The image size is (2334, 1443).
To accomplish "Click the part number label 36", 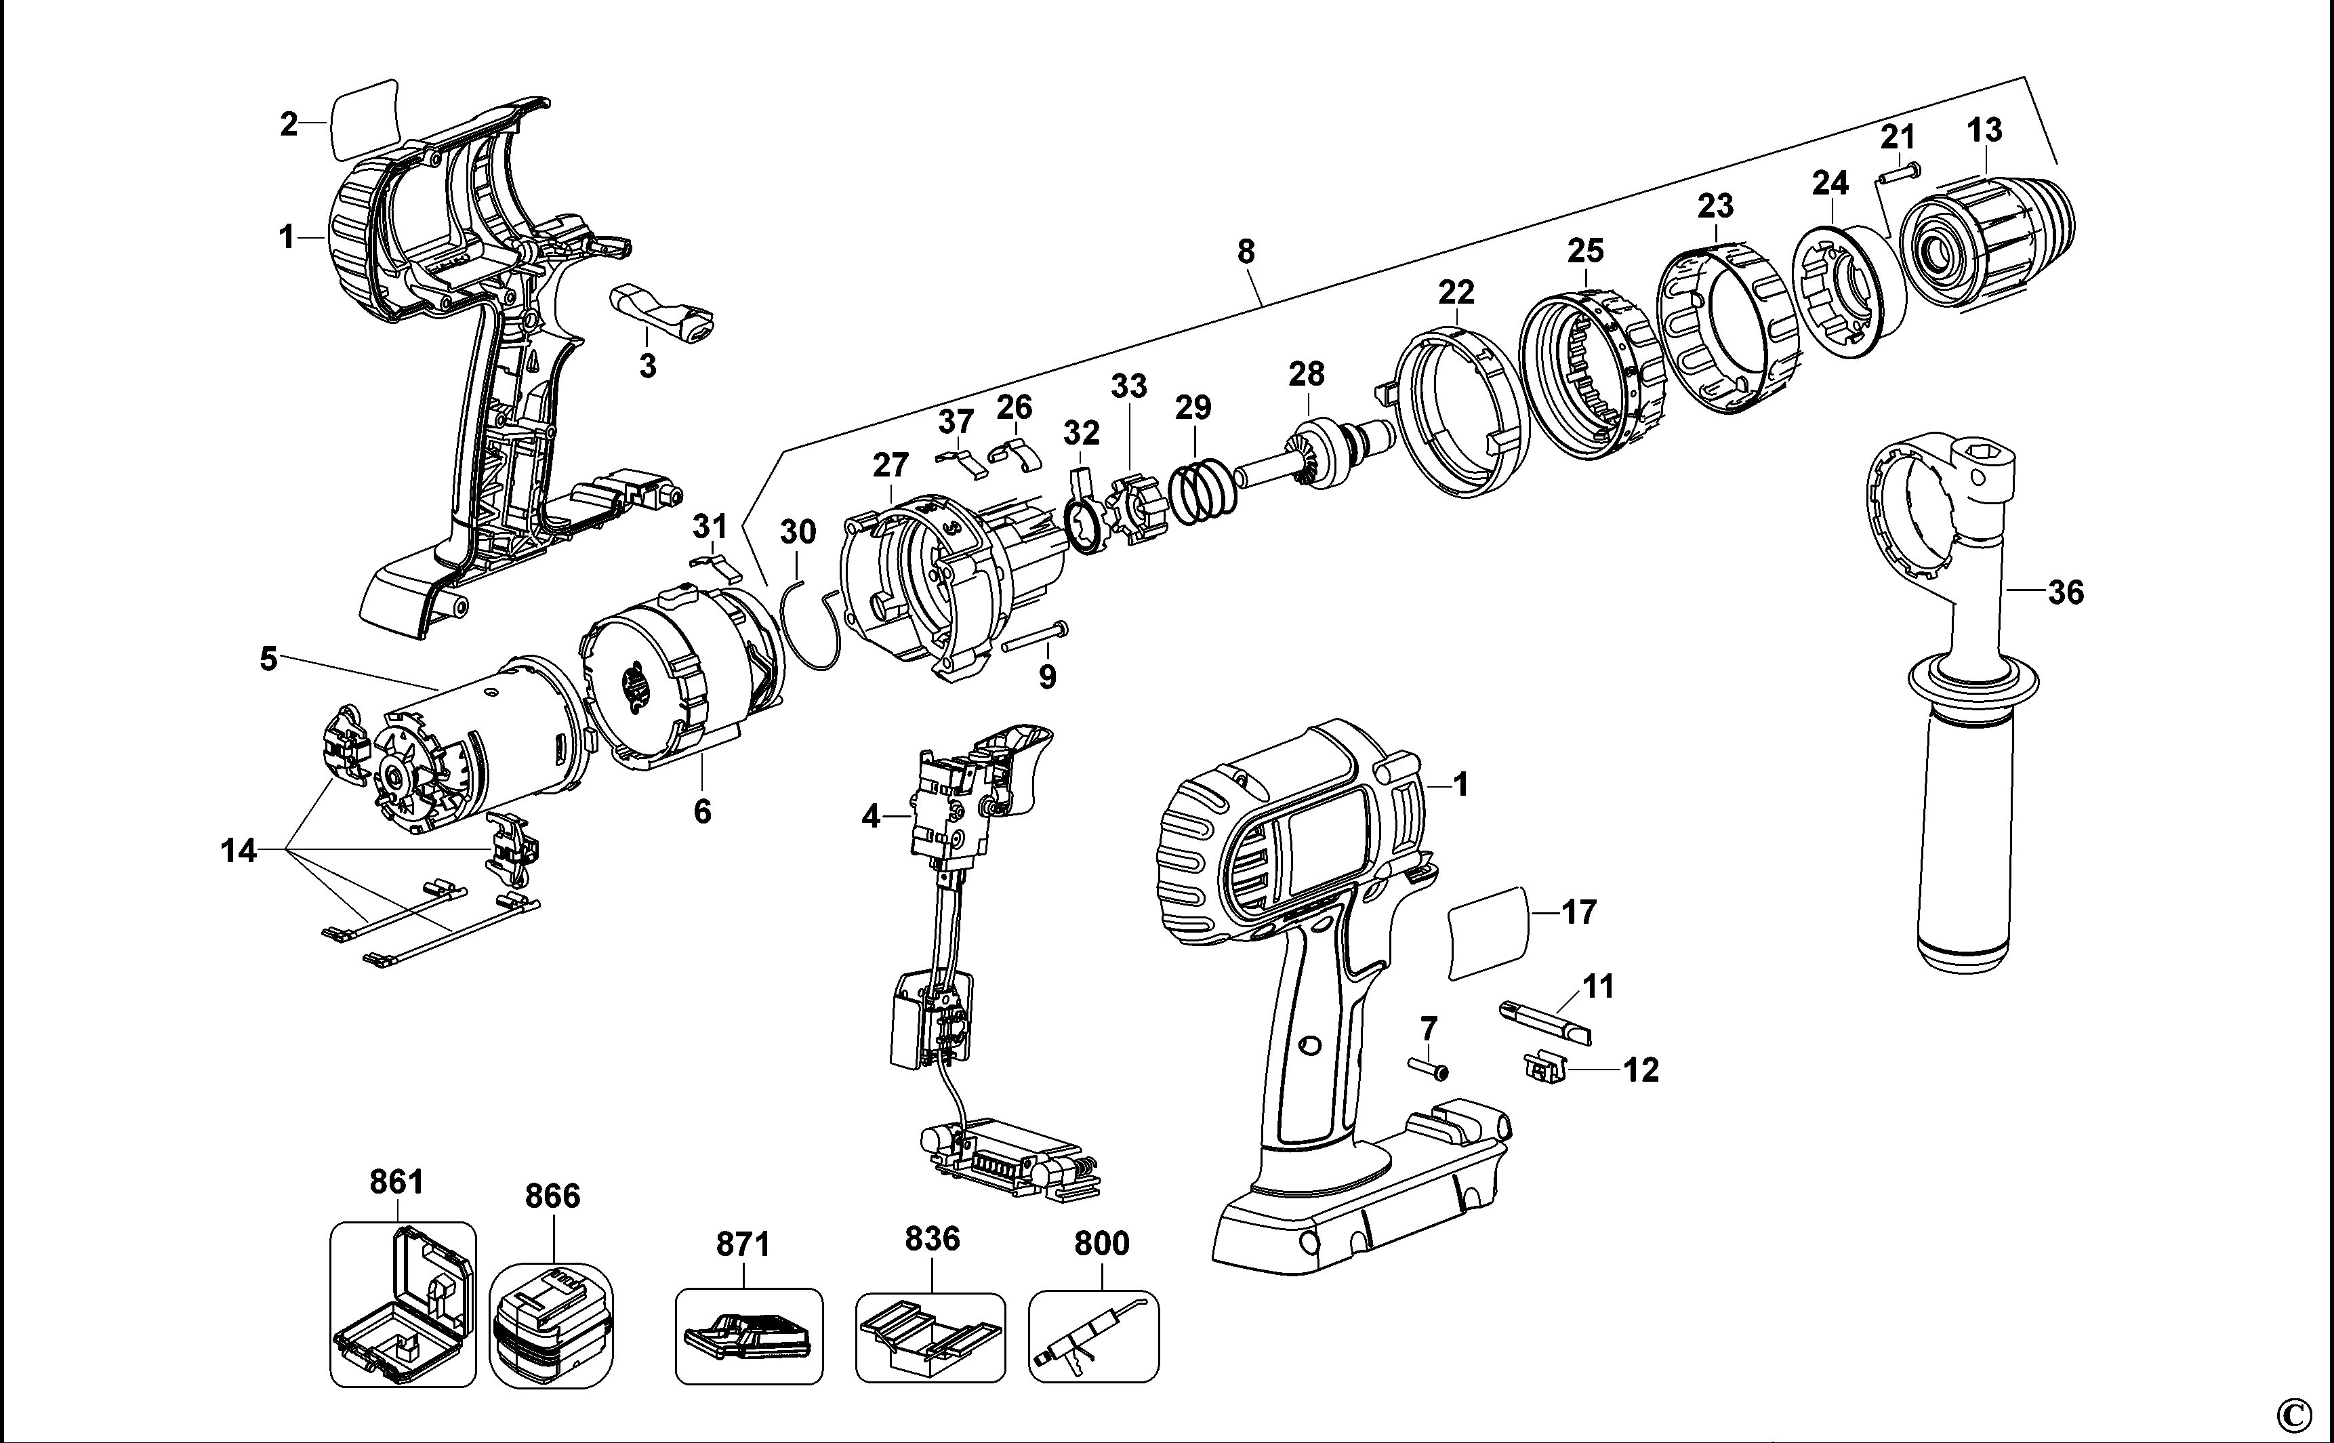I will (x=2065, y=592).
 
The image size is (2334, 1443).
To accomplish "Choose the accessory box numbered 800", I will (x=1094, y=1336).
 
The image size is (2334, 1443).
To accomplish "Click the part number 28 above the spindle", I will (x=1307, y=373).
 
